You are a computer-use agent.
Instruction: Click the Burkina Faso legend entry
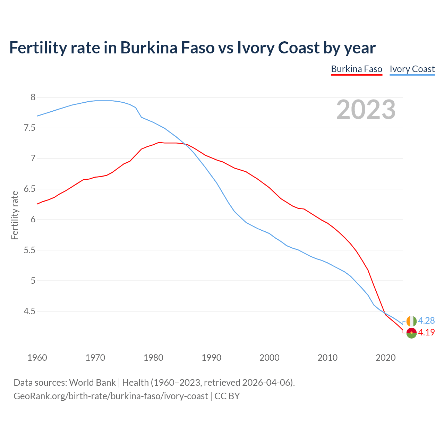[357, 69]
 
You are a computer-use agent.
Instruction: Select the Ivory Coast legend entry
[412, 69]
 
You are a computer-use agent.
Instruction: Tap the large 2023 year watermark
[366, 110]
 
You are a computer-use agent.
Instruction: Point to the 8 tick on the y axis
[33, 97]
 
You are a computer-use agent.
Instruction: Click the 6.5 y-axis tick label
[29, 189]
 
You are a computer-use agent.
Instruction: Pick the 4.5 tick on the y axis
[29, 311]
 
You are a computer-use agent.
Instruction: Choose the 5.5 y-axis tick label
[29, 250]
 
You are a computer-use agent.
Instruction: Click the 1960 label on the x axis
[37, 358]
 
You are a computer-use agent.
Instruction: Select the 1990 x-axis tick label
[211, 358]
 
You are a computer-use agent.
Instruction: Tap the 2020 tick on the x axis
[385, 358]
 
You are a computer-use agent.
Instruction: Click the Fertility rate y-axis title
[15, 215]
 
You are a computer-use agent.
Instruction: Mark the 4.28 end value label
[426, 321]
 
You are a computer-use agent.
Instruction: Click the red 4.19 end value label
[426, 332]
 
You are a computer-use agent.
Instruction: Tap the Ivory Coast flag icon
[411, 321]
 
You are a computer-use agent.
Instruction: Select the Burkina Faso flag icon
[411, 333]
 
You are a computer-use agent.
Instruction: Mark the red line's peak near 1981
[159, 142]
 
